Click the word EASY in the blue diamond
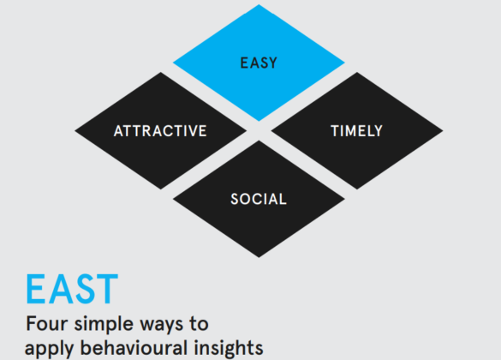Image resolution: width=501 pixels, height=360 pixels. pyautogui.click(x=259, y=63)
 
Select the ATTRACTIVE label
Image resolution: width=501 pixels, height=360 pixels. pyautogui.click(x=160, y=131)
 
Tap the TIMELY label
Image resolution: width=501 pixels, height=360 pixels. pyautogui.click(x=356, y=131)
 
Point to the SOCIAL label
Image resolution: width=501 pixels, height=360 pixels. pyautogui.click(x=259, y=200)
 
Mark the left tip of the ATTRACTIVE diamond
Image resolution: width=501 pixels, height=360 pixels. pyautogui.click(x=76, y=131)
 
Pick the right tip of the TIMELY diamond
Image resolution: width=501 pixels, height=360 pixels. pyautogui.click(x=442, y=131)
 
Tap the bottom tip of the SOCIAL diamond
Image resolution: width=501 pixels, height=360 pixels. pyautogui.click(x=259, y=255)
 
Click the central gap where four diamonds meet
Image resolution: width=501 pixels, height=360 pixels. pyautogui.click(x=259, y=131)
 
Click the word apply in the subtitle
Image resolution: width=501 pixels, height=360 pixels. pyautogui.click(x=47, y=348)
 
